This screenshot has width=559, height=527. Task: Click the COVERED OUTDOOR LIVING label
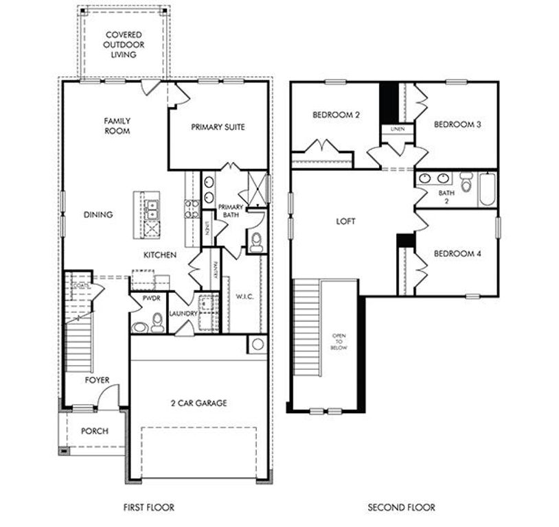[124, 45]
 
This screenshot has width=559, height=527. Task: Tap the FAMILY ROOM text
[117, 126]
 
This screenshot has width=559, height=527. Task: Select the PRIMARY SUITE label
[218, 127]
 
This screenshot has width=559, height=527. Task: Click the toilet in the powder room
[157, 322]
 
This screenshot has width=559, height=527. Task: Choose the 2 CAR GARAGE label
[198, 403]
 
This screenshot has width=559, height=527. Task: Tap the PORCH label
[95, 431]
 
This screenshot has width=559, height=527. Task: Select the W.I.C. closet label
[244, 297]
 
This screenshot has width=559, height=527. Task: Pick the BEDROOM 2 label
[336, 115]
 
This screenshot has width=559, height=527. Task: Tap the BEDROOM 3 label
[457, 124]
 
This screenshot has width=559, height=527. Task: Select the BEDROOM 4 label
[457, 253]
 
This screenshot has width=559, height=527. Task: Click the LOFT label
[346, 222]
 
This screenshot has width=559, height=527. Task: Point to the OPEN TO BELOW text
[339, 342]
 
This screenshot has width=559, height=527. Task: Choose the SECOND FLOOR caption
[401, 507]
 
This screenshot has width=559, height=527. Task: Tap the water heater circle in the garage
[258, 344]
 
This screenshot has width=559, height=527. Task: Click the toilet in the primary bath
[257, 241]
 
